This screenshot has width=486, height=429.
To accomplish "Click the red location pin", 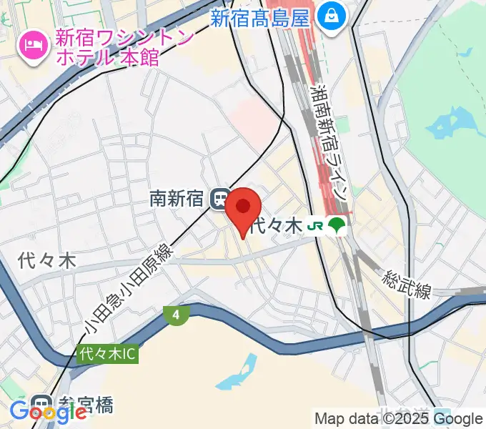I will [244, 208].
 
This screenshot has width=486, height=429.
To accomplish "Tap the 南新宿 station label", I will [177, 198].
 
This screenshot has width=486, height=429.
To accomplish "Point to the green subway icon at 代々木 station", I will [337, 226].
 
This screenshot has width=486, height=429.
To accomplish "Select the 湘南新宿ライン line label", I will [330, 143].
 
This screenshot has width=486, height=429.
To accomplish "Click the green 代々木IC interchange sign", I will [107, 353].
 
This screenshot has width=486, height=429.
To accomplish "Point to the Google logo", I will [48, 413].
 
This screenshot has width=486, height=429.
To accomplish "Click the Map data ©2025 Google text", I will [399, 419].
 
